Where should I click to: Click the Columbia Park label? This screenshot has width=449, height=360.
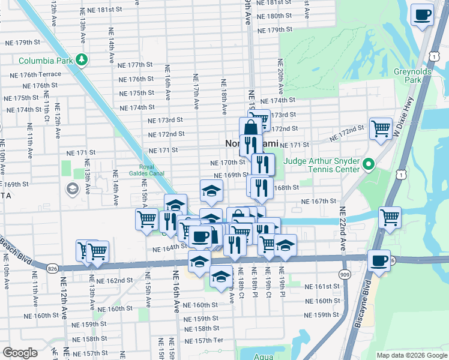click(46, 61)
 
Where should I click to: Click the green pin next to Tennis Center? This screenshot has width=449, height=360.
click(369, 164)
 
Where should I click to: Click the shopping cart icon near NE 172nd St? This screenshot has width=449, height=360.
click(381, 128)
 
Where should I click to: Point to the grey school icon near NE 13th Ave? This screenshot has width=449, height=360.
click(72, 190)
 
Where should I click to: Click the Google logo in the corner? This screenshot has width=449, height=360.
click(20, 352)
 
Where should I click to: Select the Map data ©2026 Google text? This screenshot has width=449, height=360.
click(411, 355)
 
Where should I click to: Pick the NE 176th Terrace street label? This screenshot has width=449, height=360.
click(35, 74)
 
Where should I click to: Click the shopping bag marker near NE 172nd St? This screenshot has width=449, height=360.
click(250, 127)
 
